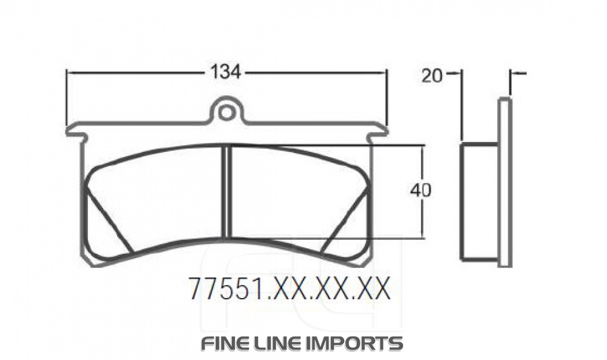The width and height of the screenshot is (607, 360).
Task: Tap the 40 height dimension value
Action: pos(421,190)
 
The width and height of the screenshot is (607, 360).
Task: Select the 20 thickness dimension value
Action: pos(432,75)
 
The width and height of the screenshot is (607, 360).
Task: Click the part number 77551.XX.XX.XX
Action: pos(288,290)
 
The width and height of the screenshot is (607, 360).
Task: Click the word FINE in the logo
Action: pos(225,343)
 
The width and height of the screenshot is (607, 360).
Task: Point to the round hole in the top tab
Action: pos(226,112)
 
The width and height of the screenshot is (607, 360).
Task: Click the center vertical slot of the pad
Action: pos(227,191)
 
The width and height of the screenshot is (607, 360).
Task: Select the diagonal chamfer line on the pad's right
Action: pos(344,220)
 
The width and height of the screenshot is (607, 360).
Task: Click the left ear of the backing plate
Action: pos(75,131)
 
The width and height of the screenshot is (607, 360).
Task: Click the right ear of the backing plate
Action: pos(378,131)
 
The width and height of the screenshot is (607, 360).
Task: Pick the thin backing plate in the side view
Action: pos(504,182)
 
